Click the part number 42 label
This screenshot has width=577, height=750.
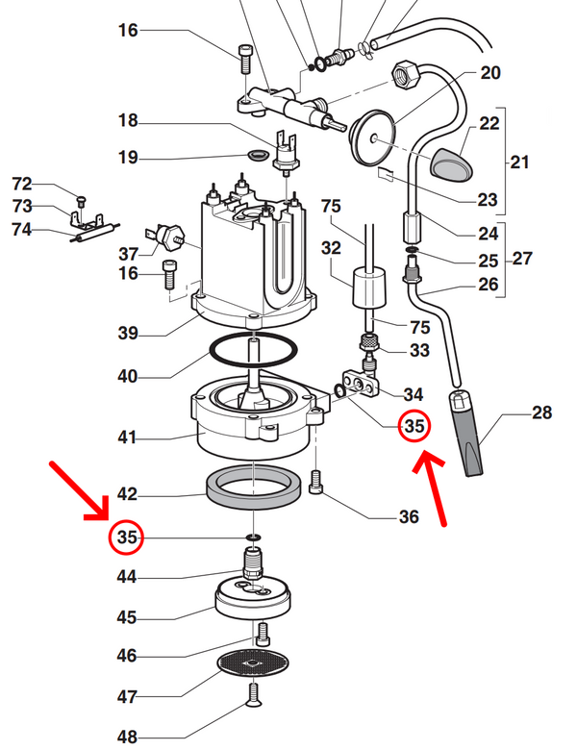(128, 494)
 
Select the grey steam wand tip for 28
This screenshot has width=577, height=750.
(470, 434)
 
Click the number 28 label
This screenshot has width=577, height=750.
(542, 413)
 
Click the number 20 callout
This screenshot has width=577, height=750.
(490, 73)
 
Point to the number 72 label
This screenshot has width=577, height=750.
(22, 184)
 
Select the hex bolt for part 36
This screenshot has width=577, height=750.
(318, 481)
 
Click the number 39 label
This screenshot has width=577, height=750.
(128, 334)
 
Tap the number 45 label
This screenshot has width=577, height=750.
(128, 617)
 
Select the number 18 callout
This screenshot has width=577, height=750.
(128, 121)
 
